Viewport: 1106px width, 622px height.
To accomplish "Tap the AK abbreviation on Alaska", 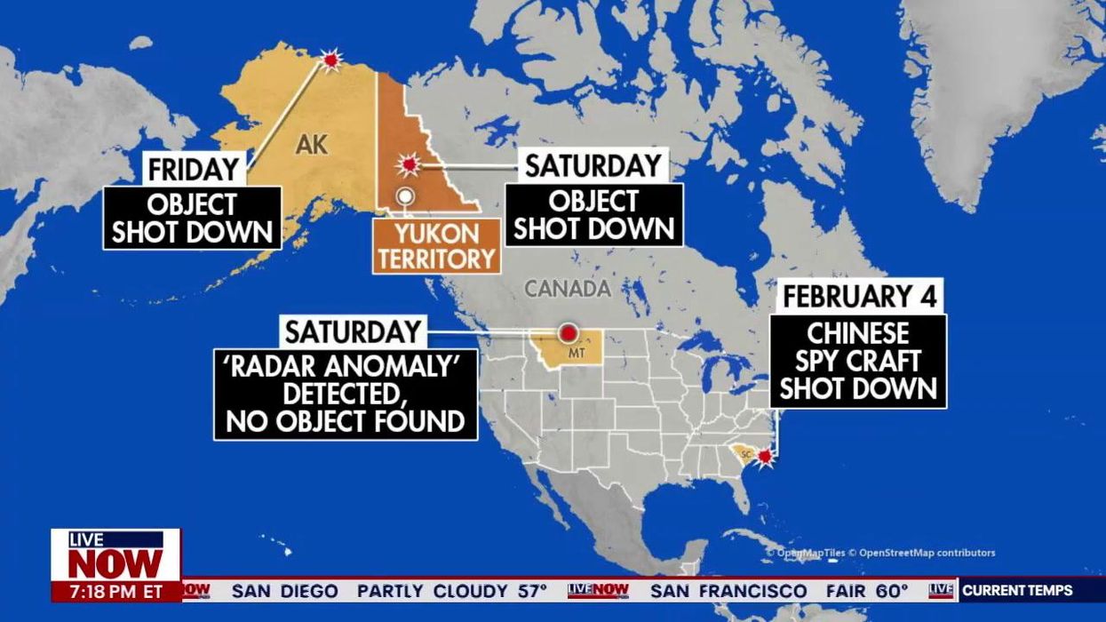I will [x=312, y=144].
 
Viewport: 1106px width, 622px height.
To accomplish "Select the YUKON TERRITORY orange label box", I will [x=435, y=246].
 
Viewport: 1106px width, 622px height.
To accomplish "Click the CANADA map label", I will [x=567, y=288].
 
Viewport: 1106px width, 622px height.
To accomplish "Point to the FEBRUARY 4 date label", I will [x=859, y=296].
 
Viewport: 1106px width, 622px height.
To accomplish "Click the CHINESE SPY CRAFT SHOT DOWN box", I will [x=858, y=361].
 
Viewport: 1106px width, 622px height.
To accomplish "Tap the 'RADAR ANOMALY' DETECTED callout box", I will [x=346, y=394].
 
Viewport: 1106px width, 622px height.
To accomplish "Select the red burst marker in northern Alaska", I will [x=331, y=60].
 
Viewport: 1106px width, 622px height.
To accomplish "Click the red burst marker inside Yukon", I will [x=408, y=164].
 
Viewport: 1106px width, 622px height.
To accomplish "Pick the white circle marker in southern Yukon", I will [x=405, y=195].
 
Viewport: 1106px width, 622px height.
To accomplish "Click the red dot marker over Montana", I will [x=568, y=333].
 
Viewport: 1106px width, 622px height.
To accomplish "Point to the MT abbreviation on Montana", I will [x=577, y=354].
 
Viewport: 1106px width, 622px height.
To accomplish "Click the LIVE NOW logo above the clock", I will [x=115, y=555].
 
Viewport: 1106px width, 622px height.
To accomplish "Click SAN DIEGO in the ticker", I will [x=284, y=591].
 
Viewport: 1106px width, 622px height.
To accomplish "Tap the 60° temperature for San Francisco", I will [x=890, y=591].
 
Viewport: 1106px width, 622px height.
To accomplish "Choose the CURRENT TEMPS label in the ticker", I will [x=1017, y=590].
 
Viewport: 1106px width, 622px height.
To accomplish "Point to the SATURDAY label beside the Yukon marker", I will [x=593, y=165].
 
